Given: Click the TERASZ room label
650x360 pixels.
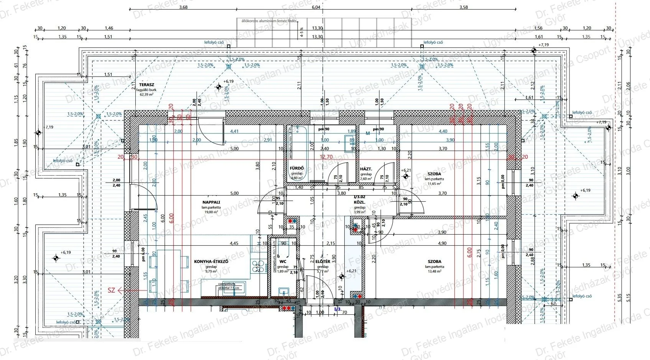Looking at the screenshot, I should pos(146,85).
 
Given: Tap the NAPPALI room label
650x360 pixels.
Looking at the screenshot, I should pos(211,202).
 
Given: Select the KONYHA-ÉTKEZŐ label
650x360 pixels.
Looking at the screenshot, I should pos(211,261).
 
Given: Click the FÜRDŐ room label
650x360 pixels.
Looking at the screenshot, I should pos(297,168).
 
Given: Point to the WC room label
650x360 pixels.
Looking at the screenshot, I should pos(283,261).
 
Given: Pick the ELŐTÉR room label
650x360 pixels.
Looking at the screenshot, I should pos(323,261).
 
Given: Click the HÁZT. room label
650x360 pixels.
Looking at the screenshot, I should pos(366,169).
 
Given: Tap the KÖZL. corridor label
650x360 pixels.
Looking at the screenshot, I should pos(359,202).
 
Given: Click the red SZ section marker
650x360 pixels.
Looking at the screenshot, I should pos(112,291).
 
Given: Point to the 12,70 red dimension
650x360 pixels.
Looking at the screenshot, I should pos(326,156).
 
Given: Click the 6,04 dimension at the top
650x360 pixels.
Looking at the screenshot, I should pos(316,7).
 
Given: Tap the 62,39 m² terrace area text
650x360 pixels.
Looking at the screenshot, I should pos(146,94).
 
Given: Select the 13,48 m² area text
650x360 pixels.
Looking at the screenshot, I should pos(434,271).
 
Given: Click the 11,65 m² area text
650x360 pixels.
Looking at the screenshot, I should pos(434,184).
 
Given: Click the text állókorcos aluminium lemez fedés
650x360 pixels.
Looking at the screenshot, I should pos(268,21).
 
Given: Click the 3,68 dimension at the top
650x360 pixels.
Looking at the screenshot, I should pos(183,7).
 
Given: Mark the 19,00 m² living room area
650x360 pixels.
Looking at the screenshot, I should pos(211,212).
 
